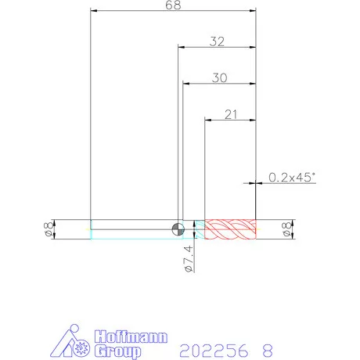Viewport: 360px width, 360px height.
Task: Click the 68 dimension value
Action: tap(173, 5)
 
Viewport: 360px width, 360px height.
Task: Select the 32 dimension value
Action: tap(217, 41)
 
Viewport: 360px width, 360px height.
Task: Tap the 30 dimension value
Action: tap(220, 78)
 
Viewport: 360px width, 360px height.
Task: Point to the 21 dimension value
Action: tap(231, 114)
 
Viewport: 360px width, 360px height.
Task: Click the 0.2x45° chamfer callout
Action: tap(292, 178)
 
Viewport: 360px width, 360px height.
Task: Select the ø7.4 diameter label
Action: tap(189, 258)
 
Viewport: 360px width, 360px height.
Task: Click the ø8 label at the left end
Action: tap(48, 229)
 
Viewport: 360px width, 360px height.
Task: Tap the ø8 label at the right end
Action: tap(286, 229)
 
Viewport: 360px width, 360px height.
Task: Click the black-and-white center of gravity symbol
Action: tap(178, 229)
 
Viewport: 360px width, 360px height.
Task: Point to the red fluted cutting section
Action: tap(230, 229)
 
